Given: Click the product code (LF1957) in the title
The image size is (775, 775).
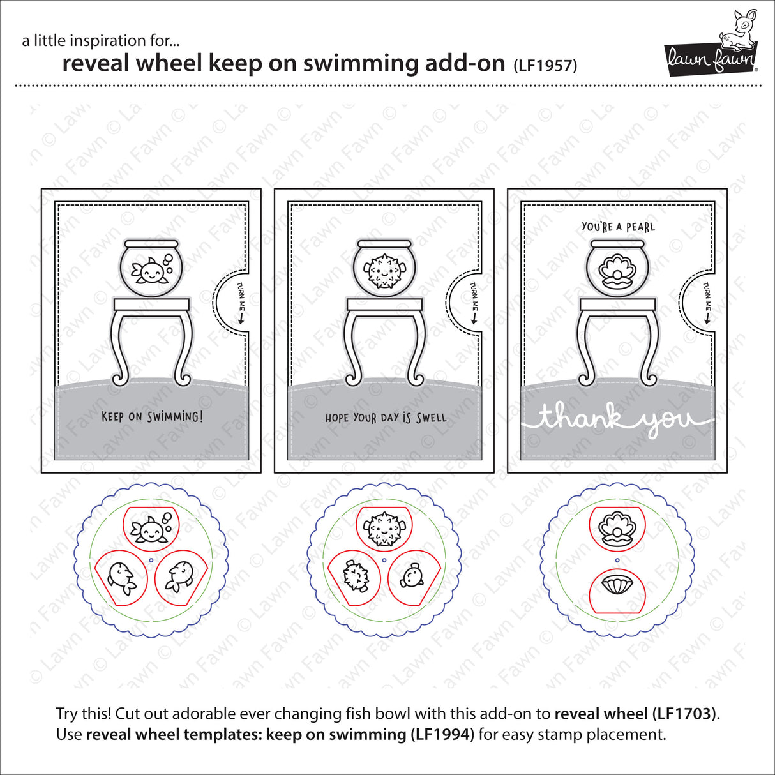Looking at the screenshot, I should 545,65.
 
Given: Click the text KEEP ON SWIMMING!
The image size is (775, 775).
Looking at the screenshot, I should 153,417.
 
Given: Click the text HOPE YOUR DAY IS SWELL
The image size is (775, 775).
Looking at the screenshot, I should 386,418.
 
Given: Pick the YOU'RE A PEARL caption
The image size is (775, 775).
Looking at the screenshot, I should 618,227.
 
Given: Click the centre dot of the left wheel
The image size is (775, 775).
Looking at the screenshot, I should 151,559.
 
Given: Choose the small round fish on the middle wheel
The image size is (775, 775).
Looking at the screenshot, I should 410,575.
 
